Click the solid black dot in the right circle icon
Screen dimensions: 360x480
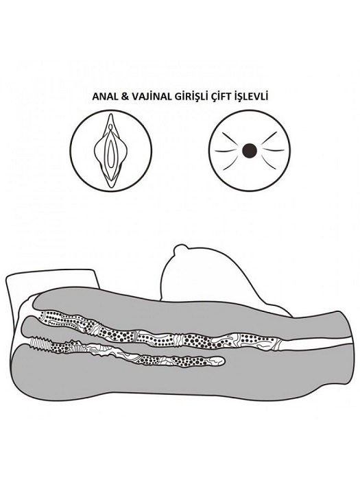pos(249,151)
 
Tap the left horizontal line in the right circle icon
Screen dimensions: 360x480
pos(226,151)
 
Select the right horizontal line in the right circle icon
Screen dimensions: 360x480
pos(274,150)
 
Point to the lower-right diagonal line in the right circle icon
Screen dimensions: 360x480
pos(269,163)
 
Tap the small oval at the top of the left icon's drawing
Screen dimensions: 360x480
pos(110,126)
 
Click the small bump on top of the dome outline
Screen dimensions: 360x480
pos(178,248)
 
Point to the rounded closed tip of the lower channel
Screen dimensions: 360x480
pos(221,361)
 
